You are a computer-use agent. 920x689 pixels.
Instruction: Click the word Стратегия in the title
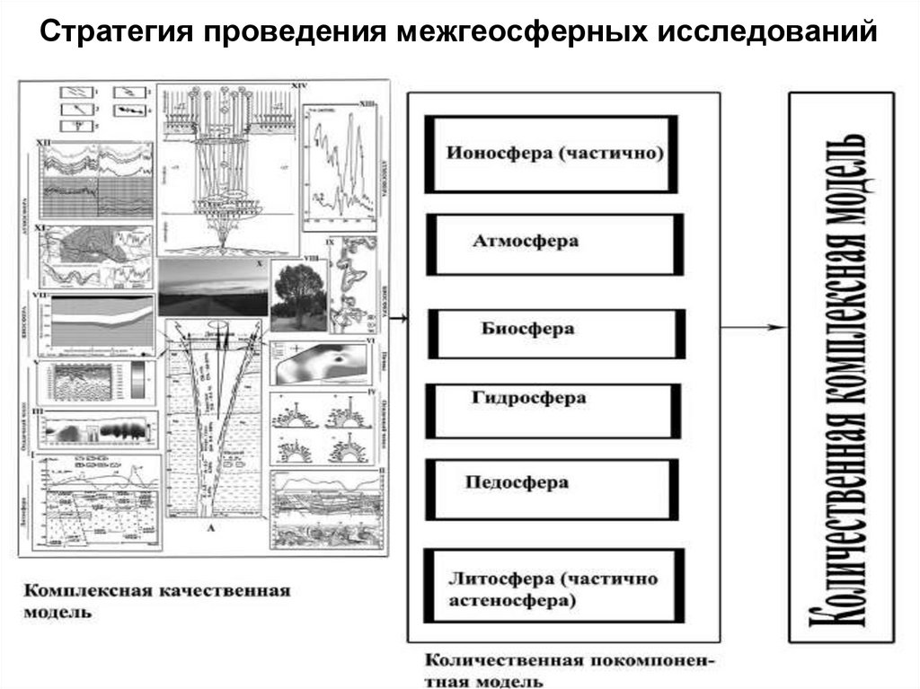pos(116,33)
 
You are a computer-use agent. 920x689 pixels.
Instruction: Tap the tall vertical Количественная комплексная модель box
pos(840,367)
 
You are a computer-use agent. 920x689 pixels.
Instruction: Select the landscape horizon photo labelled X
pos(214,287)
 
